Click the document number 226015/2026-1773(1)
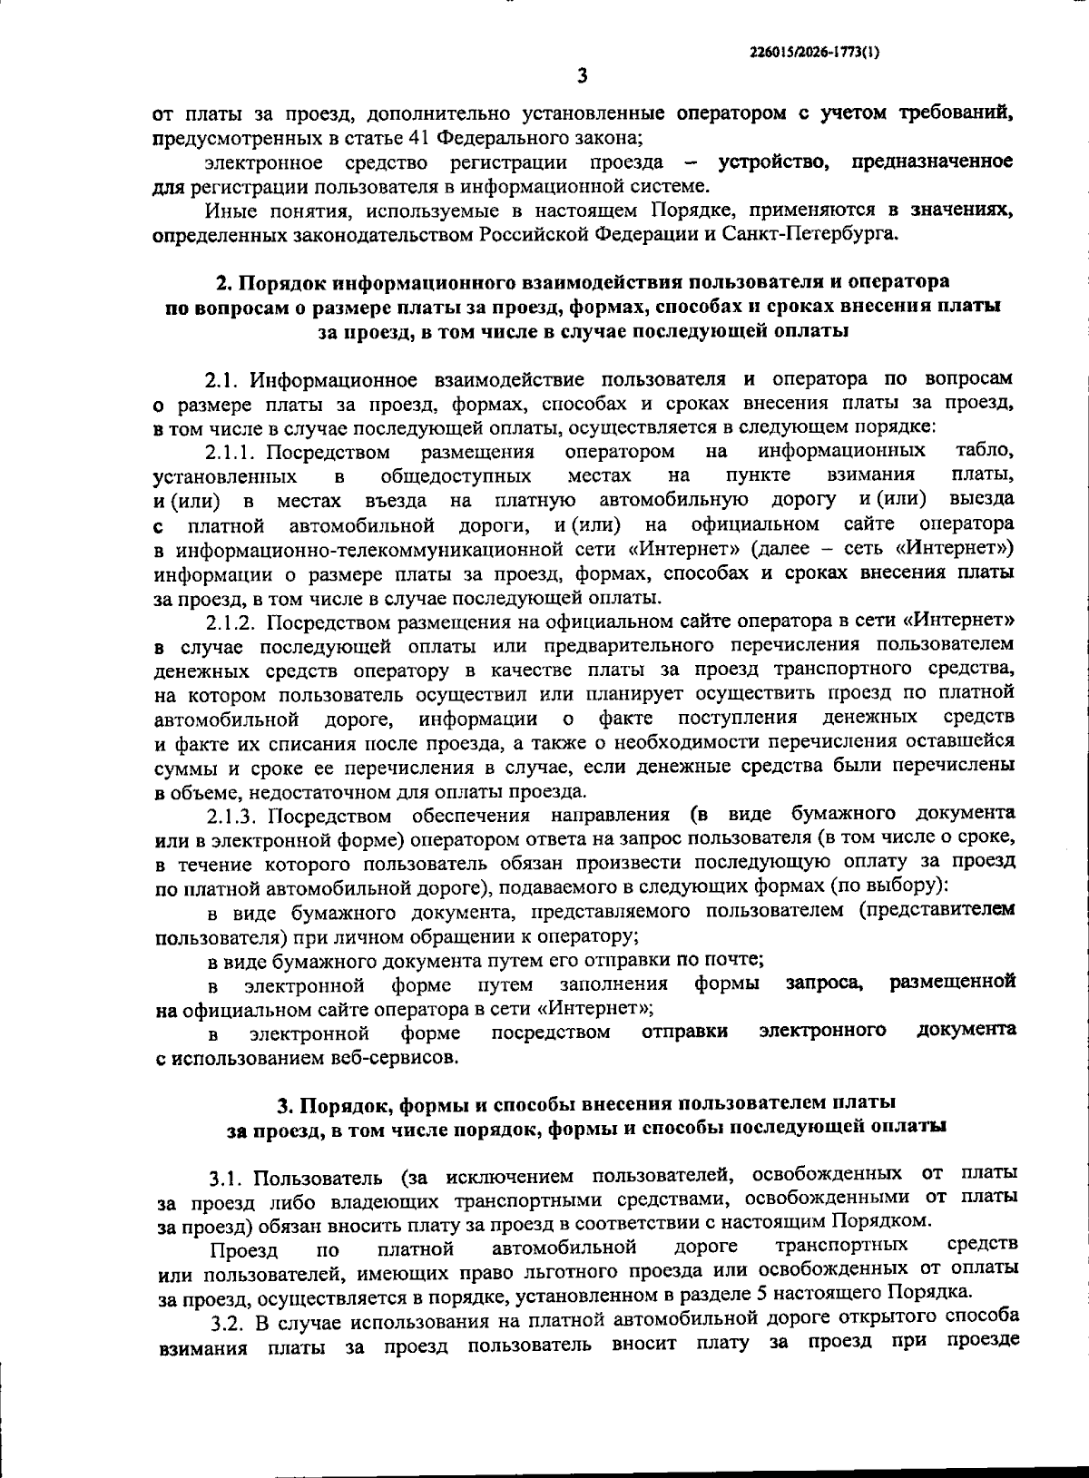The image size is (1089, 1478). click(815, 53)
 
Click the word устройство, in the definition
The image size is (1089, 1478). click(779, 162)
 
